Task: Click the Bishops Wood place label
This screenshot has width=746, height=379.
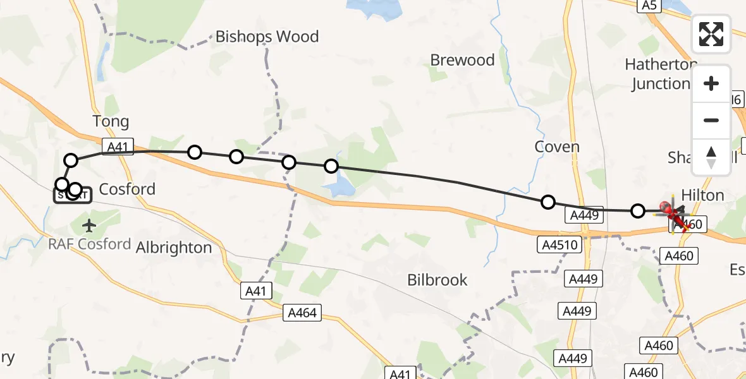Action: click(x=267, y=37)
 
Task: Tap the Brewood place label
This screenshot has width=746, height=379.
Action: click(x=462, y=61)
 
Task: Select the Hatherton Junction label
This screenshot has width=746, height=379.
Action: click(x=661, y=75)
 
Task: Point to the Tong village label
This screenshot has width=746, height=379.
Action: click(x=111, y=121)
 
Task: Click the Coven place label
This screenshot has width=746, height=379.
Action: click(x=557, y=147)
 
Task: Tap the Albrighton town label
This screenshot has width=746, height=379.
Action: click(x=174, y=248)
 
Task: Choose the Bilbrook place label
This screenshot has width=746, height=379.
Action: click(x=437, y=280)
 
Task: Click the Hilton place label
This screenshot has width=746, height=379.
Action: click(x=702, y=195)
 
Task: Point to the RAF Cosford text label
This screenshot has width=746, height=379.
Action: click(x=90, y=244)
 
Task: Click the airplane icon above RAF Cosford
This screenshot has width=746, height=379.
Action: click(x=89, y=225)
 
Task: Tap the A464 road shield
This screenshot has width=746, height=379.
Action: click(x=302, y=312)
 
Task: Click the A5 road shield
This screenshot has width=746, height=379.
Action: click(x=649, y=6)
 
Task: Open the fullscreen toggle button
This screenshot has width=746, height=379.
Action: click(x=711, y=34)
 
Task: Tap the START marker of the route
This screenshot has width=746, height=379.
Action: click(x=72, y=195)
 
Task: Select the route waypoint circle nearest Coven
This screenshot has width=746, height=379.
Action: click(x=548, y=202)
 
